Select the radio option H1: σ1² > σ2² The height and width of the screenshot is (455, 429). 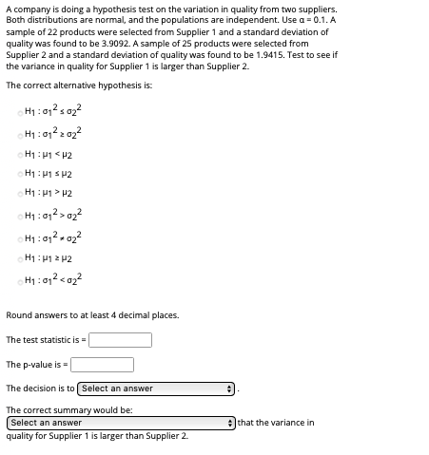20,215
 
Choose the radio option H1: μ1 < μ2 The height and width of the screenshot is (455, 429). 20,155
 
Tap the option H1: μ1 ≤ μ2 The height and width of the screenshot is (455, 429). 20,175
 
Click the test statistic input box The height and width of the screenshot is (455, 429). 120,340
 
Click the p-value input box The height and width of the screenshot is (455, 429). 102,365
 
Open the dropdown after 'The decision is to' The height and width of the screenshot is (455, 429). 157,389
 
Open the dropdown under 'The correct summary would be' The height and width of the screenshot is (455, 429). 120,423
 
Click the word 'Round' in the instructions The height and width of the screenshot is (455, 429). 19,315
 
